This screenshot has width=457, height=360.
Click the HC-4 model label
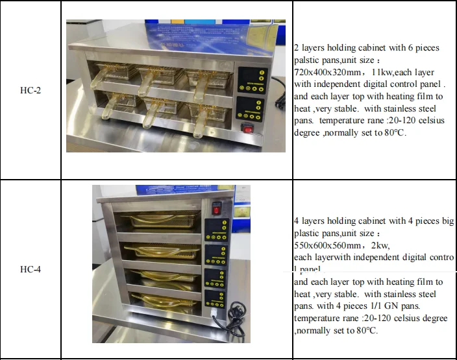click(x=31, y=269)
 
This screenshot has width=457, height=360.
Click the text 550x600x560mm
click(x=327, y=245)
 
